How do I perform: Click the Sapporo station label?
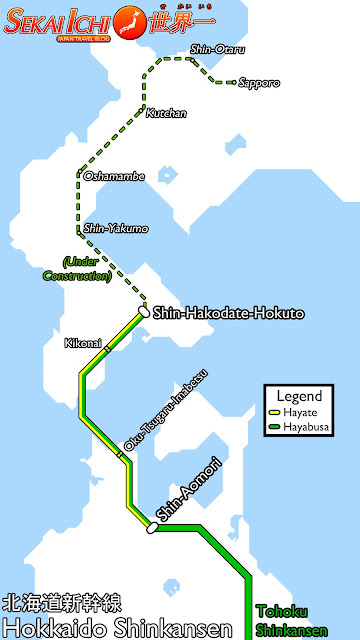(259, 82)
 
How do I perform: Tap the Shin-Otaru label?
(217, 49)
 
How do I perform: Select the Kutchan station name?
(166, 113)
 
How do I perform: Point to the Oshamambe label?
(114, 176)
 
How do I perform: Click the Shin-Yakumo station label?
(116, 229)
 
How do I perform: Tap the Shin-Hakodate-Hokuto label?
(228, 314)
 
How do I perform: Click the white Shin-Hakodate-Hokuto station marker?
(144, 311)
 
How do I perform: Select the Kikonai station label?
(83, 343)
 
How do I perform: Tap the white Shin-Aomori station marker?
(152, 527)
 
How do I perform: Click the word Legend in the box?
(299, 395)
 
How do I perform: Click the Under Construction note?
(74, 269)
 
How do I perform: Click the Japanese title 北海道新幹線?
(62, 603)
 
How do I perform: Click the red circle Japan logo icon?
(127, 18)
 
